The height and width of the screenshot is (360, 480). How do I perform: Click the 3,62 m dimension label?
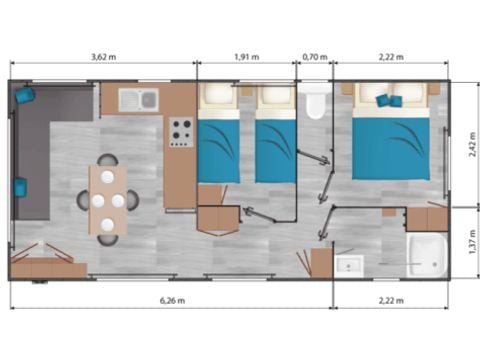(x=105, y=57)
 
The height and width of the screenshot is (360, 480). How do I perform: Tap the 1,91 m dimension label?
(x=246, y=57)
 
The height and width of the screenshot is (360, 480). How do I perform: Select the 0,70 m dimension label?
(x=315, y=57)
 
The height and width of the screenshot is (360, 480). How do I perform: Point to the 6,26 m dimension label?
(x=171, y=299)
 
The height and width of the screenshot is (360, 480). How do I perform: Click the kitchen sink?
(x=138, y=99)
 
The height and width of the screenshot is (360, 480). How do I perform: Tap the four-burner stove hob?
(x=181, y=131)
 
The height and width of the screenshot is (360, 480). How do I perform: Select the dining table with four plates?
(x=108, y=199)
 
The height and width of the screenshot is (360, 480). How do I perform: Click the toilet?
(x=316, y=103)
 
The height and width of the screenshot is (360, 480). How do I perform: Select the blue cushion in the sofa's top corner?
(x=23, y=95)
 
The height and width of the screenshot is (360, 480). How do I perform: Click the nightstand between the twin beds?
(x=246, y=92)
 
